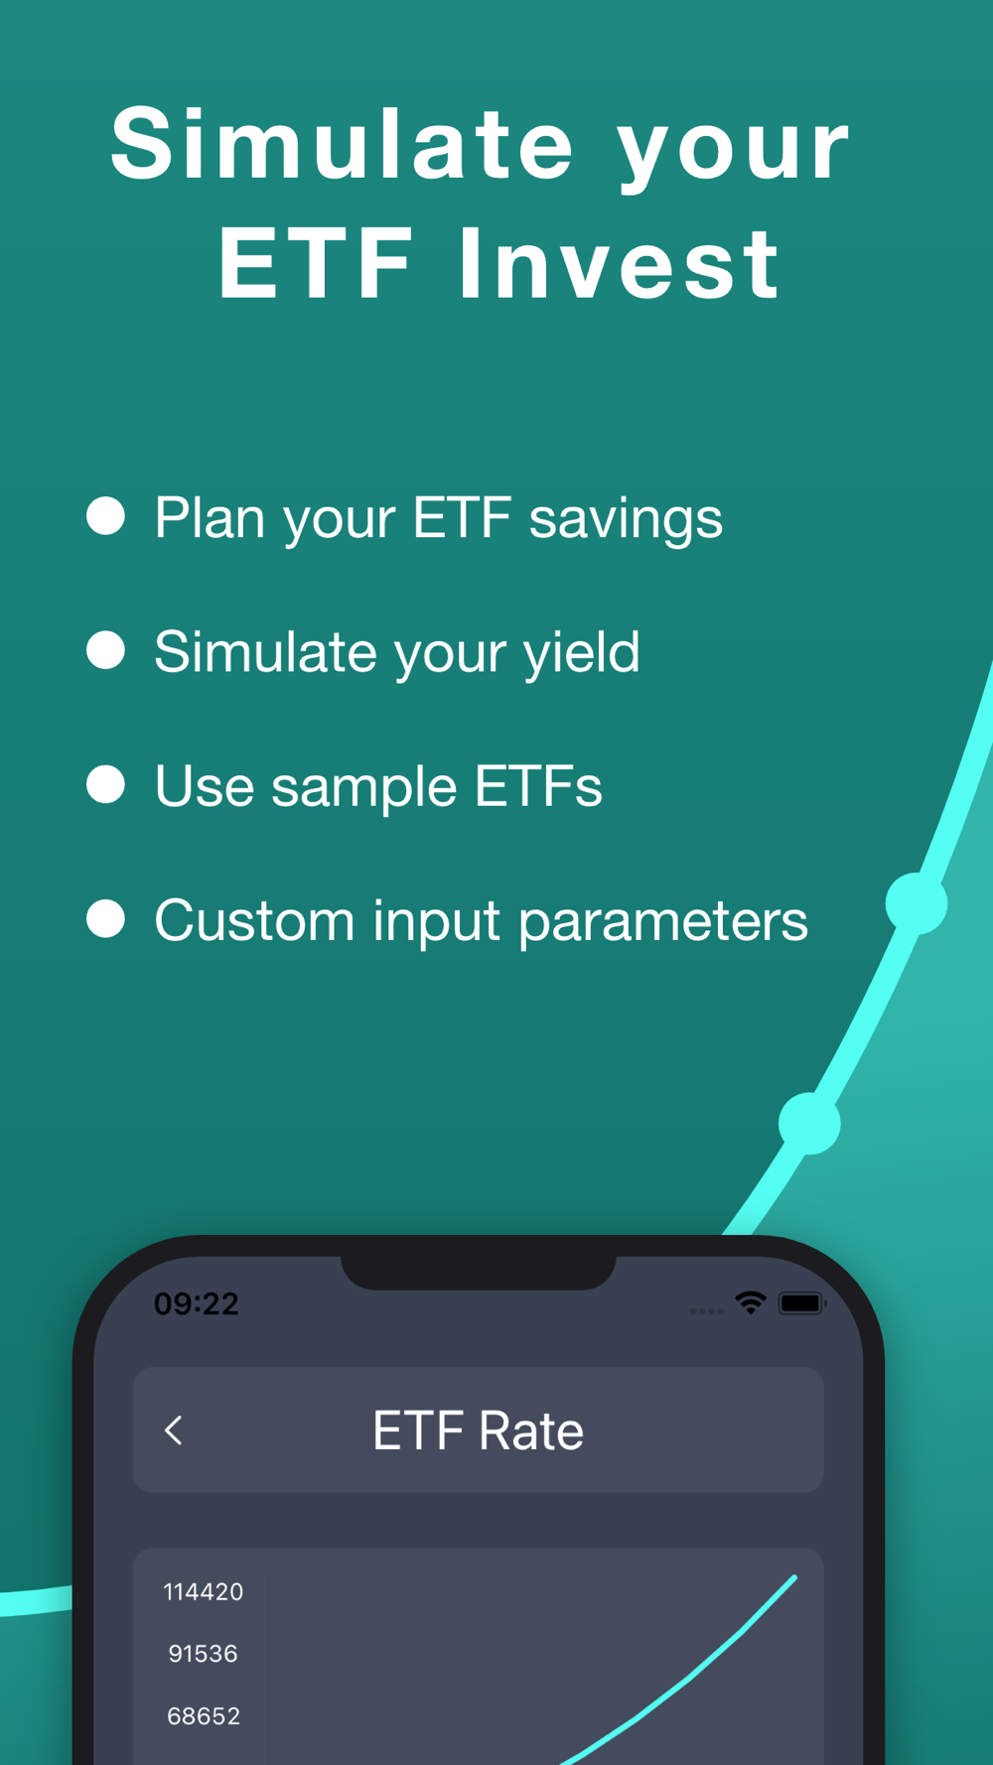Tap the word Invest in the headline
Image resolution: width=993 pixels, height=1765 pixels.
point(619,263)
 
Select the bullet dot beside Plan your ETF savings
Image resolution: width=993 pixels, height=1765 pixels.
point(105,516)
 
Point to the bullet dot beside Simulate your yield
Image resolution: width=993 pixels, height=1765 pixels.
point(105,650)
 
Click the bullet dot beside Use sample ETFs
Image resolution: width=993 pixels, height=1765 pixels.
point(105,784)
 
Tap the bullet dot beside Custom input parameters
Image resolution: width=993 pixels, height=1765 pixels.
point(105,918)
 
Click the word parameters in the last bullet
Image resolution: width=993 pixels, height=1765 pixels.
point(663,922)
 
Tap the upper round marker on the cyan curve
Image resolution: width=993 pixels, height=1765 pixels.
point(916,903)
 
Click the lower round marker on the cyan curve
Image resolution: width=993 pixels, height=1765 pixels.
point(809,1124)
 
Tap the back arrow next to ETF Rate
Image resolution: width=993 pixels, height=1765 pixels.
point(174,1430)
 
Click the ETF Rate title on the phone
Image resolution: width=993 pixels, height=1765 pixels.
point(478,1430)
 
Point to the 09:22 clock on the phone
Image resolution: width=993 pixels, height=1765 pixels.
point(197,1303)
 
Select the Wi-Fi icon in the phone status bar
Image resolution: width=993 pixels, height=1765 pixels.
point(751,1302)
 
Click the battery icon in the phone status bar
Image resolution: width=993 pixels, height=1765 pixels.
point(802,1303)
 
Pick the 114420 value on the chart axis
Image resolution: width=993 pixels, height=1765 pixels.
point(204,1592)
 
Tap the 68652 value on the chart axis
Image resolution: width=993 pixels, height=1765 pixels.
point(204,1716)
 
